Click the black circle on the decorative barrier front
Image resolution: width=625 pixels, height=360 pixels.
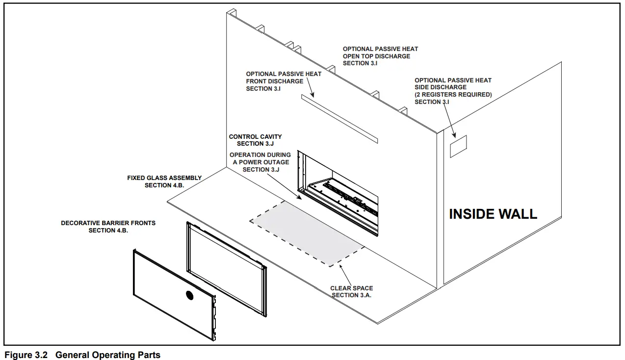pyautogui.click(x=189, y=295)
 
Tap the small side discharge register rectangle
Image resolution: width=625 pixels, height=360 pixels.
pyautogui.click(x=459, y=146)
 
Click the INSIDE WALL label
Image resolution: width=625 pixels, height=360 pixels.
pyautogui.click(x=493, y=214)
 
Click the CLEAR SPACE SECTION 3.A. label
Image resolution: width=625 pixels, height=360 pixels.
pyautogui.click(x=351, y=292)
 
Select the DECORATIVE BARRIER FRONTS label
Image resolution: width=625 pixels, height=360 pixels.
pyautogui.click(x=108, y=227)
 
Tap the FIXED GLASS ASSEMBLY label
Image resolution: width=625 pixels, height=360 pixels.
pyautogui.click(x=164, y=181)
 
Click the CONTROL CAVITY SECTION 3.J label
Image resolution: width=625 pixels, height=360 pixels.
pyautogui.click(x=256, y=140)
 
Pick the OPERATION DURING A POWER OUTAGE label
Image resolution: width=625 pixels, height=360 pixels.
pyautogui.click(x=260, y=162)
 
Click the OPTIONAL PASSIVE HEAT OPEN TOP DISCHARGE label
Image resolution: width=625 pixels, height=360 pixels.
pyautogui.click(x=380, y=56)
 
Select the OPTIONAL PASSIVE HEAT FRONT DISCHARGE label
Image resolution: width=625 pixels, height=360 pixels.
pyautogui.click(x=284, y=81)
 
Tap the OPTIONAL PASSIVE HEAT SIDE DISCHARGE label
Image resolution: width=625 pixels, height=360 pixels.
pyautogui.click(x=453, y=91)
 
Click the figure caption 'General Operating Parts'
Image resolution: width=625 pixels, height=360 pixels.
pyautogui.click(x=108, y=355)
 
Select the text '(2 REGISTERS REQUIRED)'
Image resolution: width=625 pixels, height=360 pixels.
pyautogui.click(x=453, y=95)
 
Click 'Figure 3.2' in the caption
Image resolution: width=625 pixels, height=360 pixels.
pyautogui.click(x=26, y=355)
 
